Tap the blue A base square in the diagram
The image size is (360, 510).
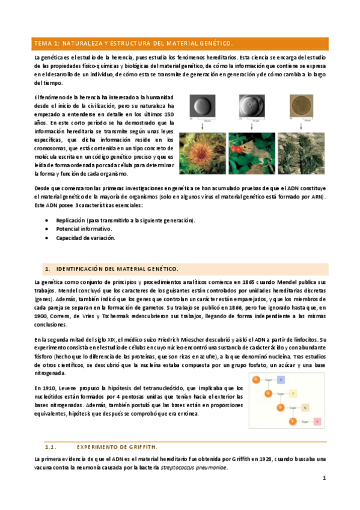coord(281,379)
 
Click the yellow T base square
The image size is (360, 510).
coord(293,393)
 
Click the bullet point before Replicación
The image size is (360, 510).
coord(47,220)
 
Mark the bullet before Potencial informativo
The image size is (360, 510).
coord(47,229)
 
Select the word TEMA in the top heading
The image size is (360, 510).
coord(43,43)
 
